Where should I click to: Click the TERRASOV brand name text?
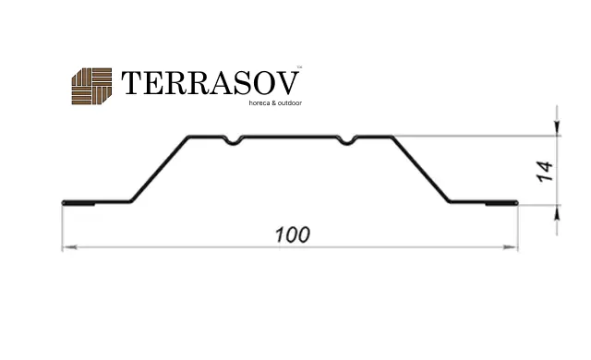coord(210,83)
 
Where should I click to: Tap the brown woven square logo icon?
coord(91,86)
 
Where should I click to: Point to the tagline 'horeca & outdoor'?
coord(275,102)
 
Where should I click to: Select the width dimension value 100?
coord(293,234)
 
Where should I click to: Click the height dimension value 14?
coord(545,172)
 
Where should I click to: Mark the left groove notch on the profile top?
coord(234,140)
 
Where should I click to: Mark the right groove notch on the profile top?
coord(346,140)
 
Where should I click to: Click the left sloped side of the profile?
coord(160,169)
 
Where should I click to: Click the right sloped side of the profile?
coord(421,169)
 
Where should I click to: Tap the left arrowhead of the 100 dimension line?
coord(69,247)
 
